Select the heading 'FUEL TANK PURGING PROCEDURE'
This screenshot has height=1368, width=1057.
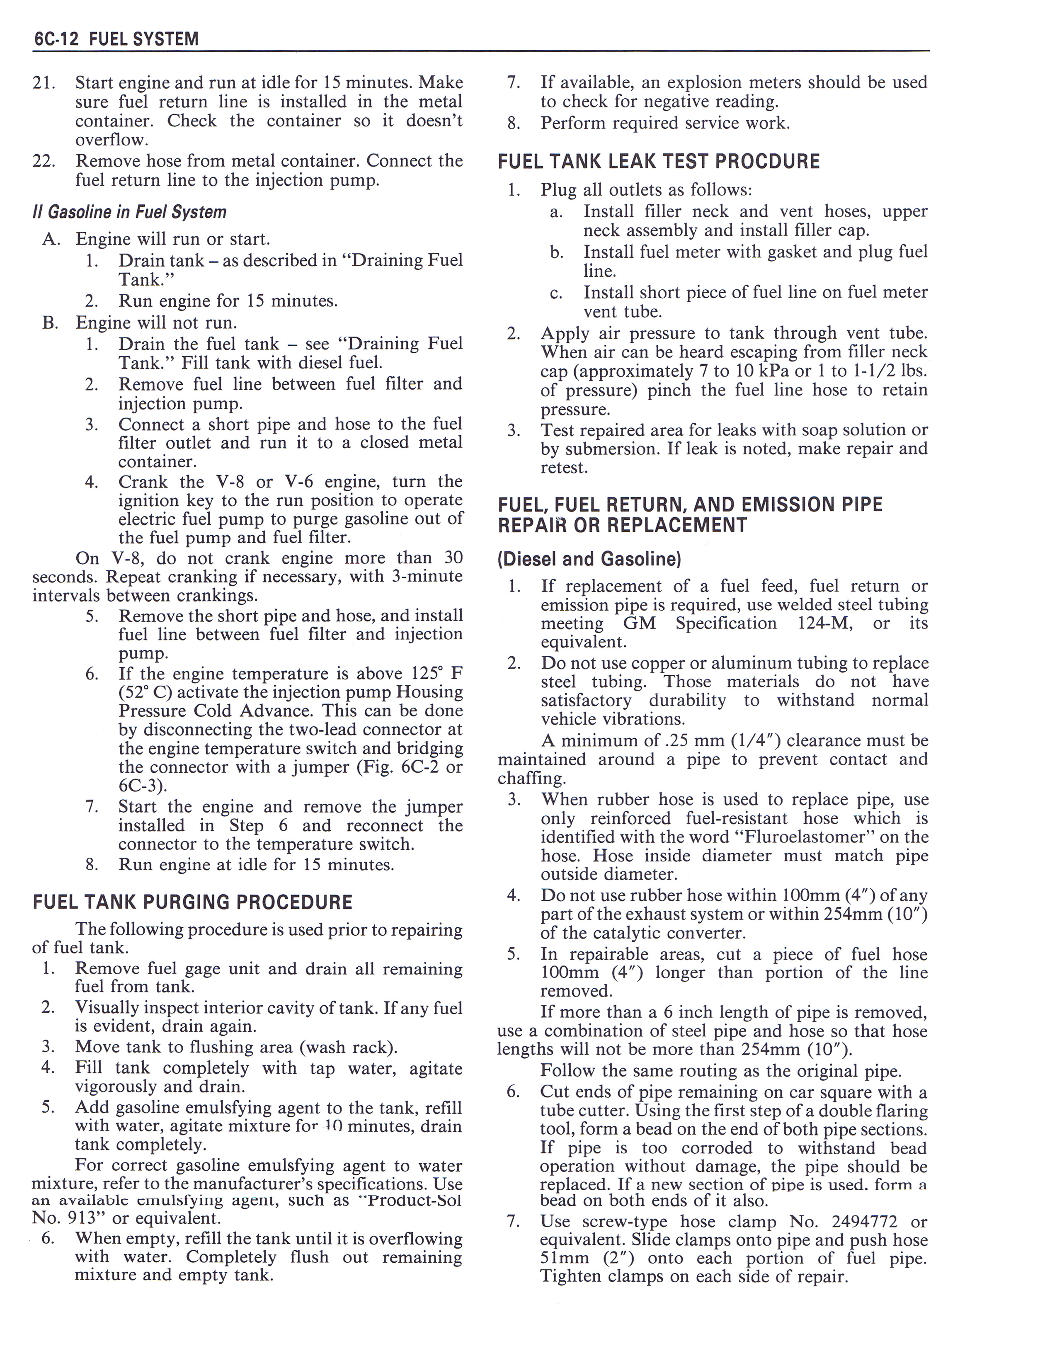192,902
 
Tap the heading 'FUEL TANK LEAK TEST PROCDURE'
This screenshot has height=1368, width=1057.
659,162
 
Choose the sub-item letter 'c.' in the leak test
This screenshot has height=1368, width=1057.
556,293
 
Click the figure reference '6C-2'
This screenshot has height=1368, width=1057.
419,768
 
